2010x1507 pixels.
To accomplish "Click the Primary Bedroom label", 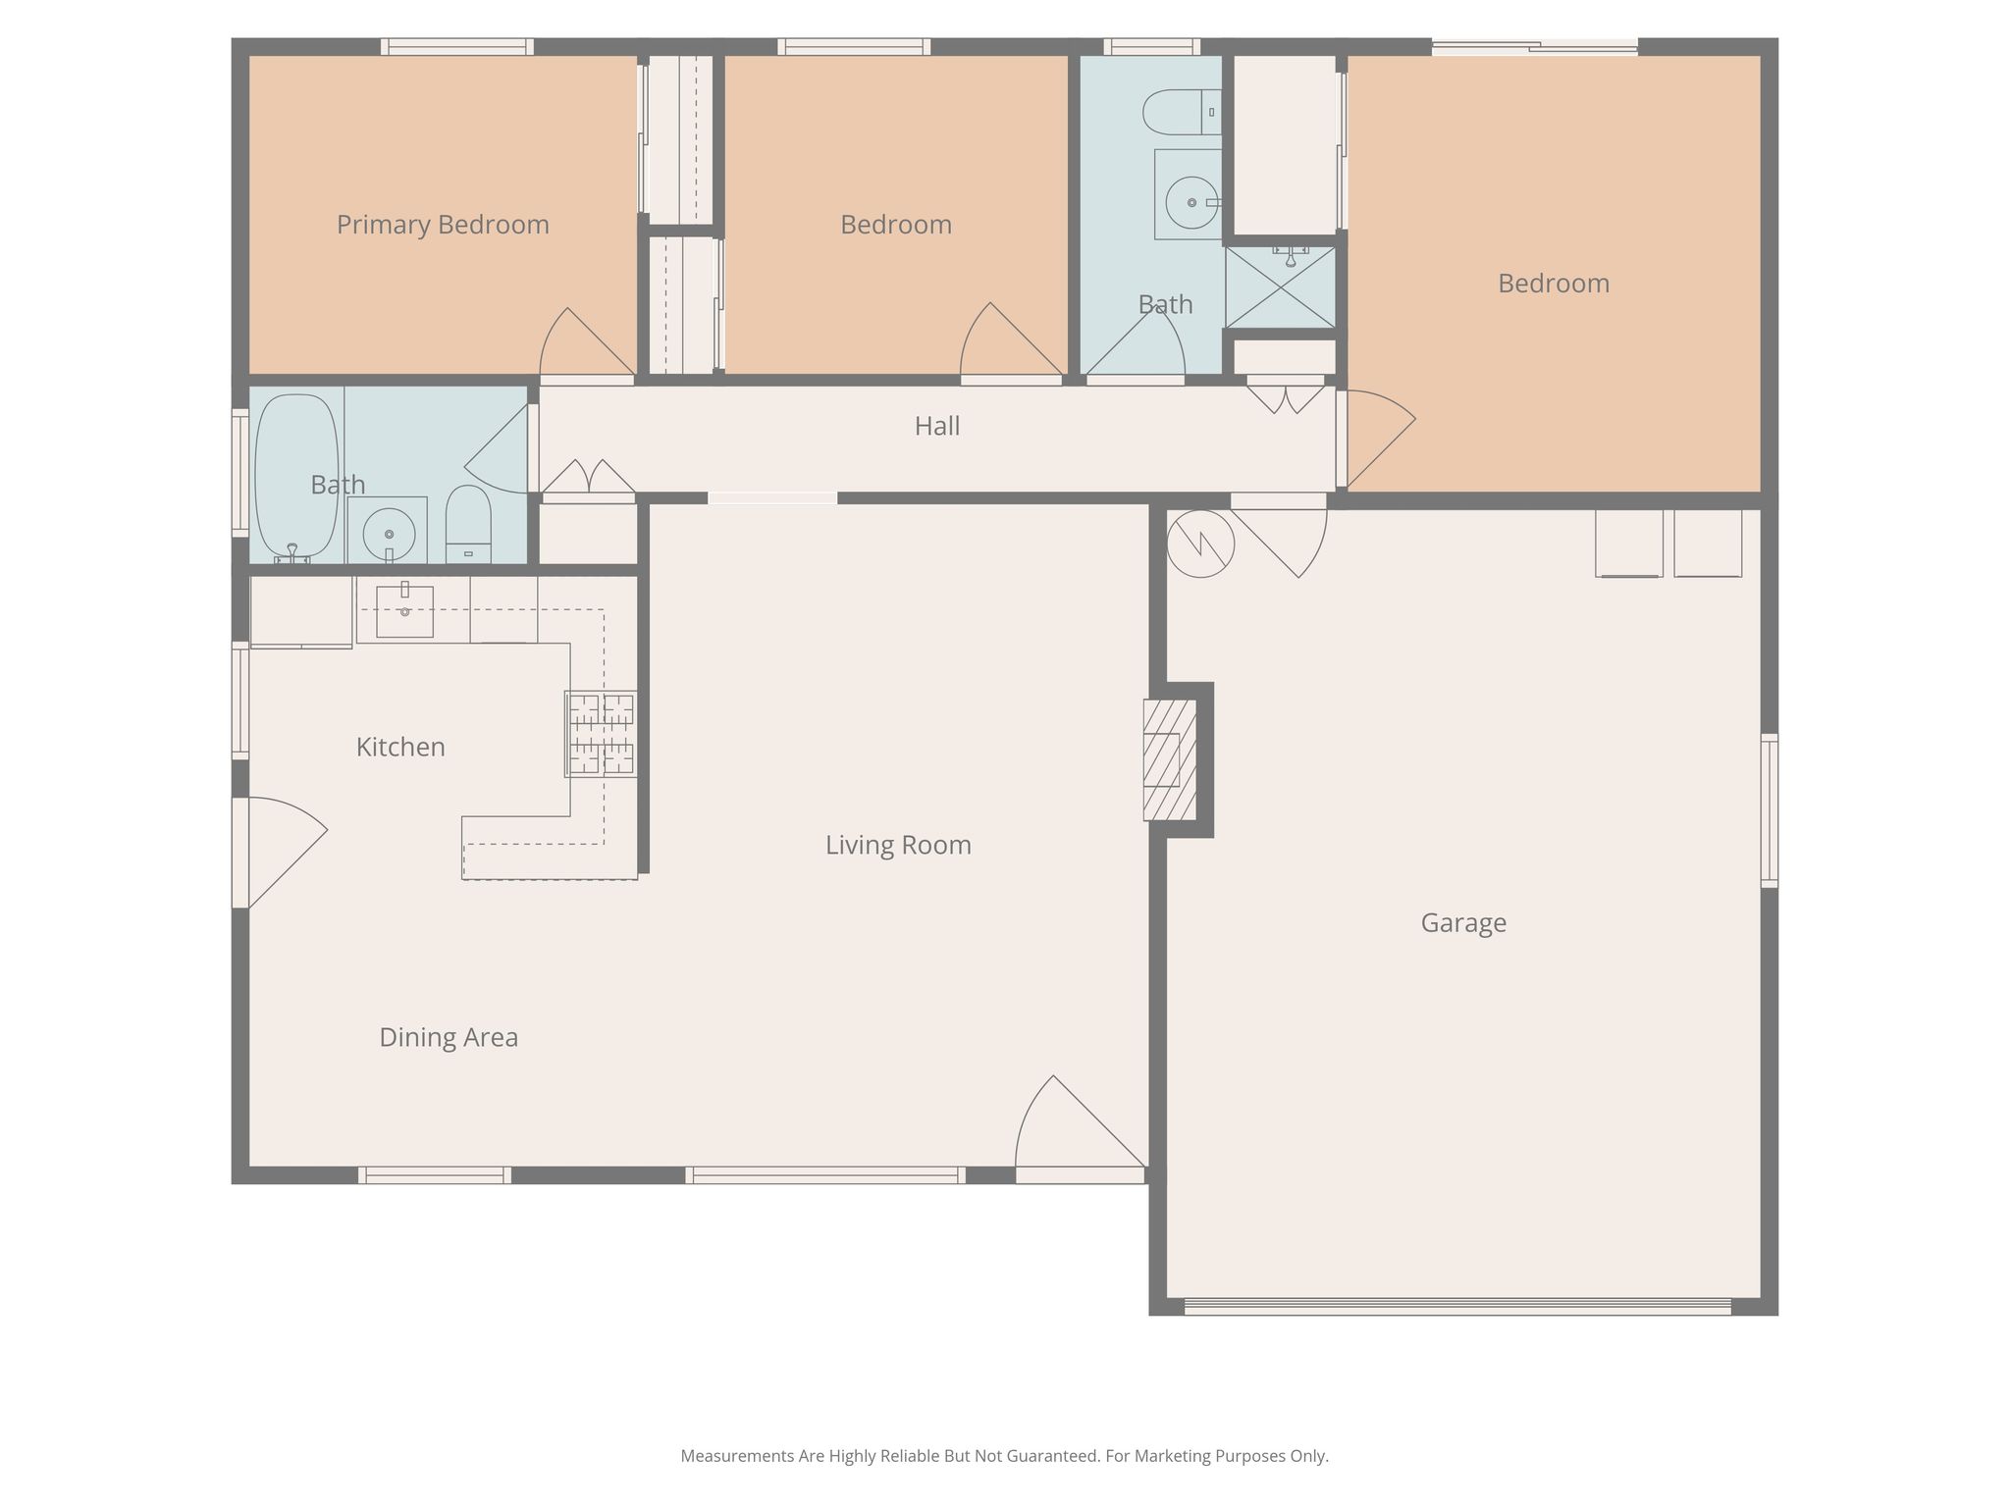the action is [443, 226].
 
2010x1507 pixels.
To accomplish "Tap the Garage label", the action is [1463, 923].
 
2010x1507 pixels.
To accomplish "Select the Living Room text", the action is [898, 845].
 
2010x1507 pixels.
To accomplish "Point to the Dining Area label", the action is [449, 1038].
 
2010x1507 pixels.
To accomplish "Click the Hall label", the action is [937, 426].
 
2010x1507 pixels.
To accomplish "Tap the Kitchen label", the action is [400, 748].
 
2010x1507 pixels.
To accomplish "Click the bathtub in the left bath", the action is [296, 478].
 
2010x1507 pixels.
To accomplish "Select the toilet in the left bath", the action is [468, 524].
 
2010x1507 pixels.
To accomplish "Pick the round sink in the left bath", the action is [389, 534].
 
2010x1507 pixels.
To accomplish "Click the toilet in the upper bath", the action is [1182, 113].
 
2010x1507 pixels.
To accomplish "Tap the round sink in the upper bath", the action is [1191, 202].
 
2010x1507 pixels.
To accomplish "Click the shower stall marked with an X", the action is [1281, 286].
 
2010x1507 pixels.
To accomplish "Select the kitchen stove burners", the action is [601, 734].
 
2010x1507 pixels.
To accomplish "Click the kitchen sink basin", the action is [404, 611].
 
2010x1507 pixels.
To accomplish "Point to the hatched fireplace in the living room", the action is [1170, 759].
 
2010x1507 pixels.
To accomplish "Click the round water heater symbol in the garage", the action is [1200, 544].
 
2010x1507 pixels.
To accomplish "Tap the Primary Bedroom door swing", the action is [587, 341].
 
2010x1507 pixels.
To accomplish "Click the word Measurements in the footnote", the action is [737, 1456].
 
